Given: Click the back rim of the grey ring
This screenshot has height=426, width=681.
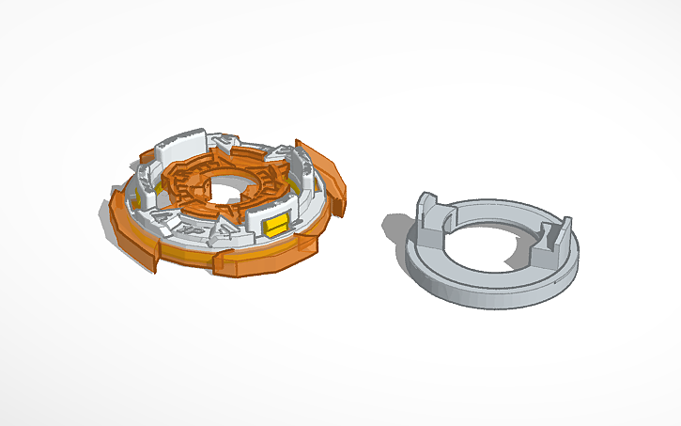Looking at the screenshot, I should pos(498,202).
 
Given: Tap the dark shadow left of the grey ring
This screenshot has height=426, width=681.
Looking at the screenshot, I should pos(395,225).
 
